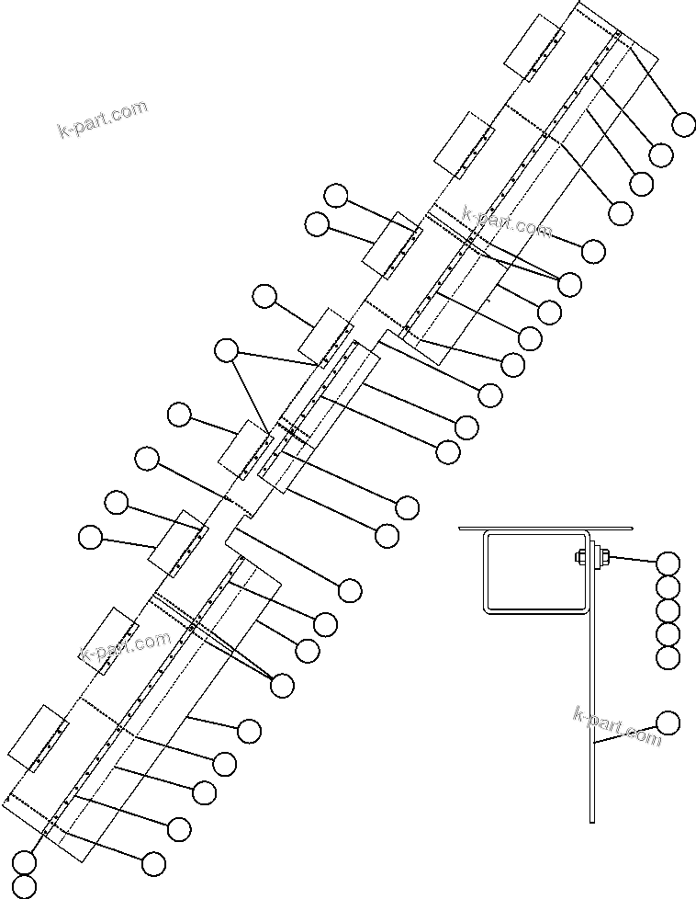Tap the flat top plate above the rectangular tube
coord(546,529)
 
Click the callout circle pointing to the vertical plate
coord(668,723)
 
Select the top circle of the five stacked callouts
coord(668,563)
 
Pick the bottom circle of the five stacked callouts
coord(668,657)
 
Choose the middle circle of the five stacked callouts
coord(668,610)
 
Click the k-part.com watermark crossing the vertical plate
coord(616,725)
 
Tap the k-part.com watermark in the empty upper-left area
coord(102,119)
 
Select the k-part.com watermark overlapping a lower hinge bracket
coord(125,647)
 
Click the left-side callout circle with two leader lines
coord(226,350)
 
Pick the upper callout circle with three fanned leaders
coord(569,284)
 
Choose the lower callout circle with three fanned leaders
coord(282,685)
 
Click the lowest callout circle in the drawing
coord(24,886)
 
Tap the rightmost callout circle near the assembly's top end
coord(684,124)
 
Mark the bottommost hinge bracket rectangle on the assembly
coord(38,738)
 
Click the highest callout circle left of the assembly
coord(336,195)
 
